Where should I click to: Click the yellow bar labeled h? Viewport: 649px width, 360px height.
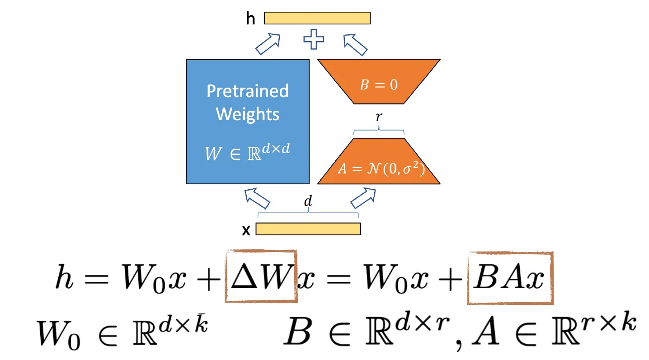point(317,18)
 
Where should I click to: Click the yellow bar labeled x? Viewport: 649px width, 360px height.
point(308,229)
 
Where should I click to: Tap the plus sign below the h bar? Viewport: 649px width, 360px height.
point(313,39)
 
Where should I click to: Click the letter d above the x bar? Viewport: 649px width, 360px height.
point(308,202)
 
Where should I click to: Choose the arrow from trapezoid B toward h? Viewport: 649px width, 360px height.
point(355,44)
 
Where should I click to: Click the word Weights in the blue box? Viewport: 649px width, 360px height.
point(248,114)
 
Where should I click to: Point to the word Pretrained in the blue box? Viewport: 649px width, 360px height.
point(248,91)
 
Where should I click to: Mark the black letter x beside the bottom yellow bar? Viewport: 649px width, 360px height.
point(246,231)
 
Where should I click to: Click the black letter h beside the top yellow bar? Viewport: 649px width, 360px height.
point(250,19)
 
